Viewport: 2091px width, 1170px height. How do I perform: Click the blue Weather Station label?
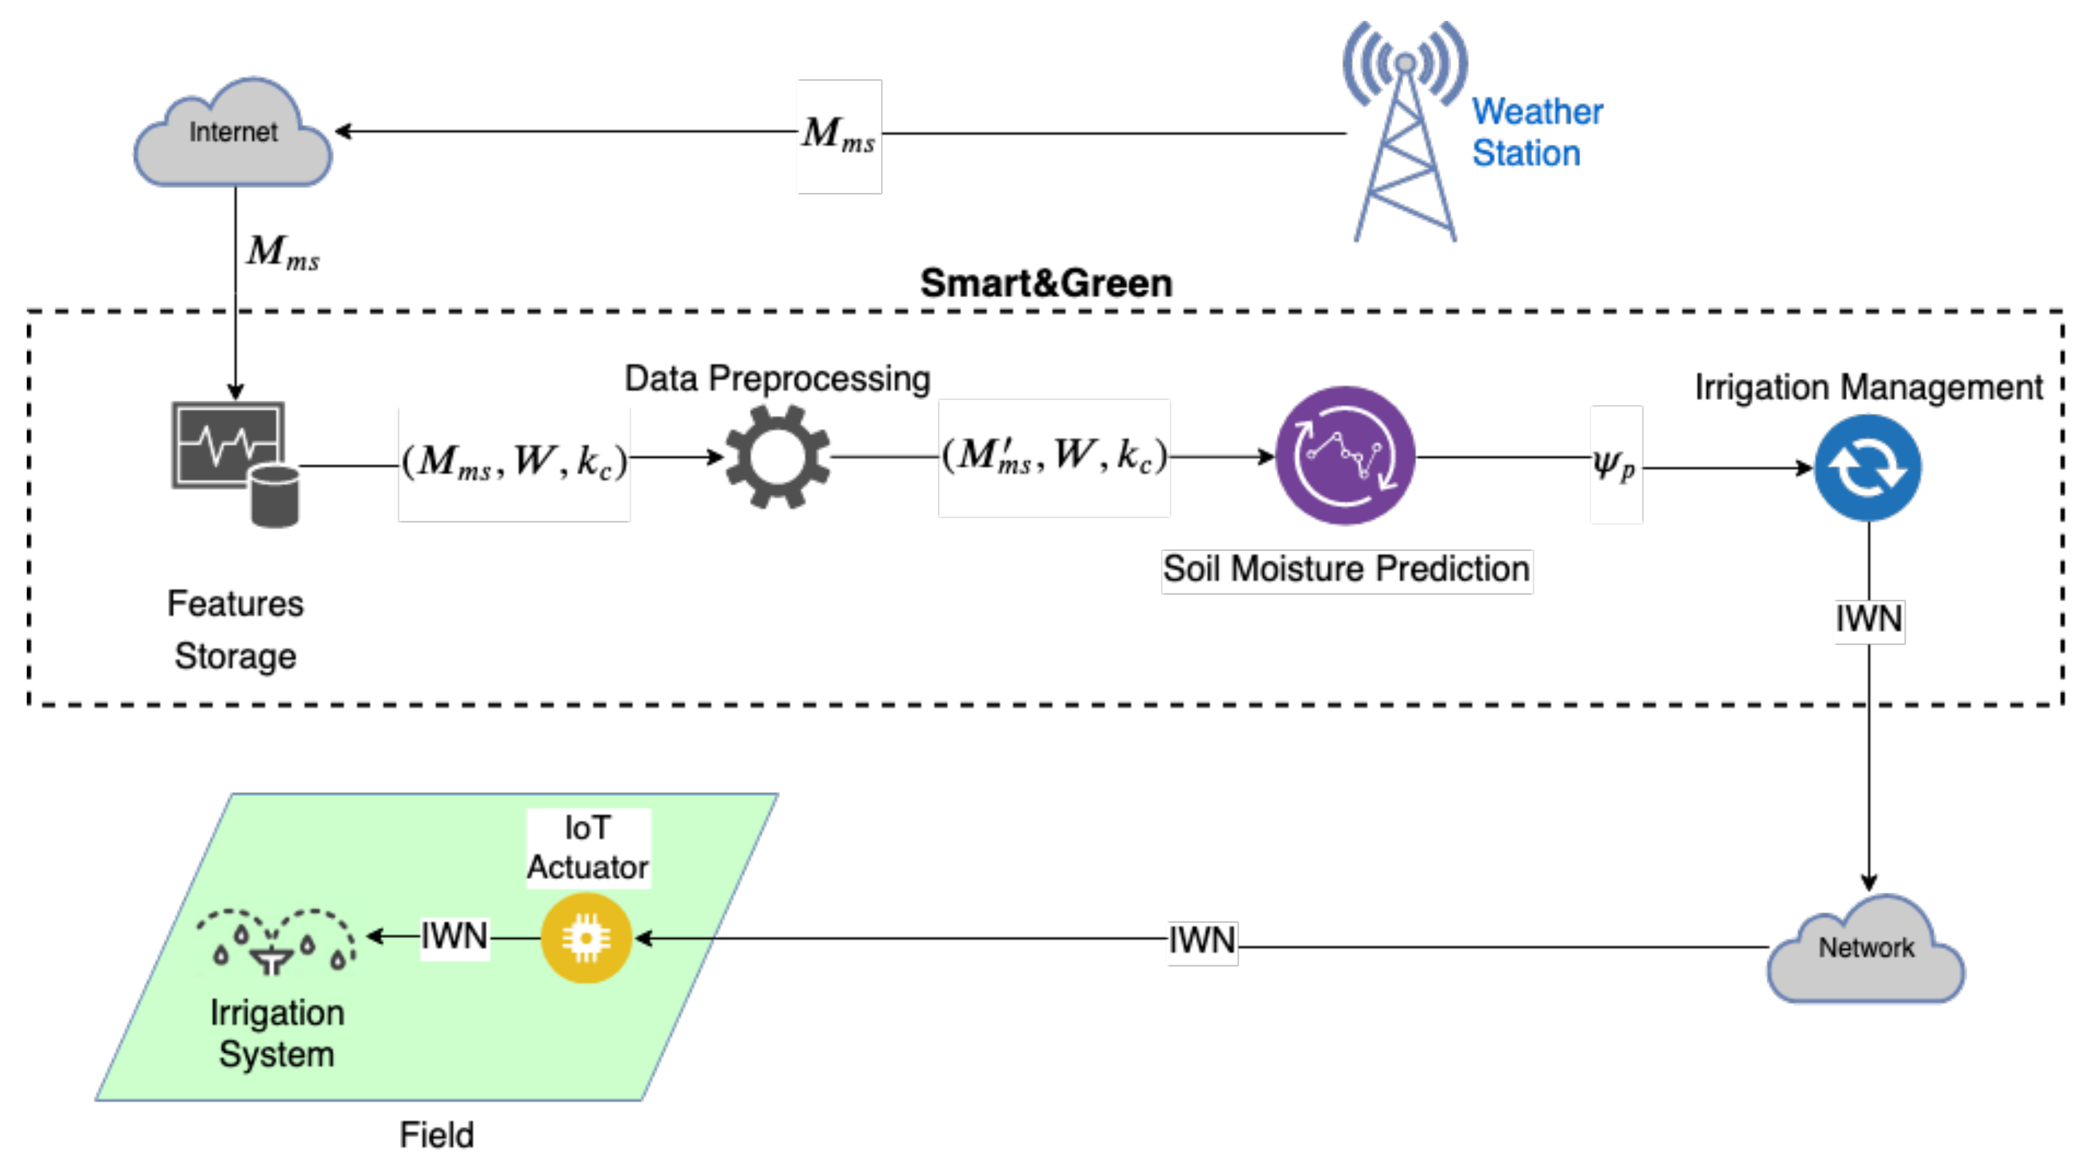pos(1536,132)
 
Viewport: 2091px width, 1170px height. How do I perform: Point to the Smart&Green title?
pos(1045,283)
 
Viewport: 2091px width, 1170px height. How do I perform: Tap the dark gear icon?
pos(777,457)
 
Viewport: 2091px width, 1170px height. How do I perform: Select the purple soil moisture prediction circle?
pos(1345,456)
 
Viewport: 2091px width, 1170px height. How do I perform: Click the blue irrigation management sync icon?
pos(1867,468)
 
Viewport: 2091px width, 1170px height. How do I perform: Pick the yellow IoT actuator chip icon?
pos(586,937)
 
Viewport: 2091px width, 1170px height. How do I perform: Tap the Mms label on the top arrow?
pos(838,135)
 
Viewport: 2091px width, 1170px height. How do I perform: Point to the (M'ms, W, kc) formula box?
pos(1054,457)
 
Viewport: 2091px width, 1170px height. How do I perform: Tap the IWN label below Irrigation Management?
pos(1868,620)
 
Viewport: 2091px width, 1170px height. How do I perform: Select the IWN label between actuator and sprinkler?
pos(454,937)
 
